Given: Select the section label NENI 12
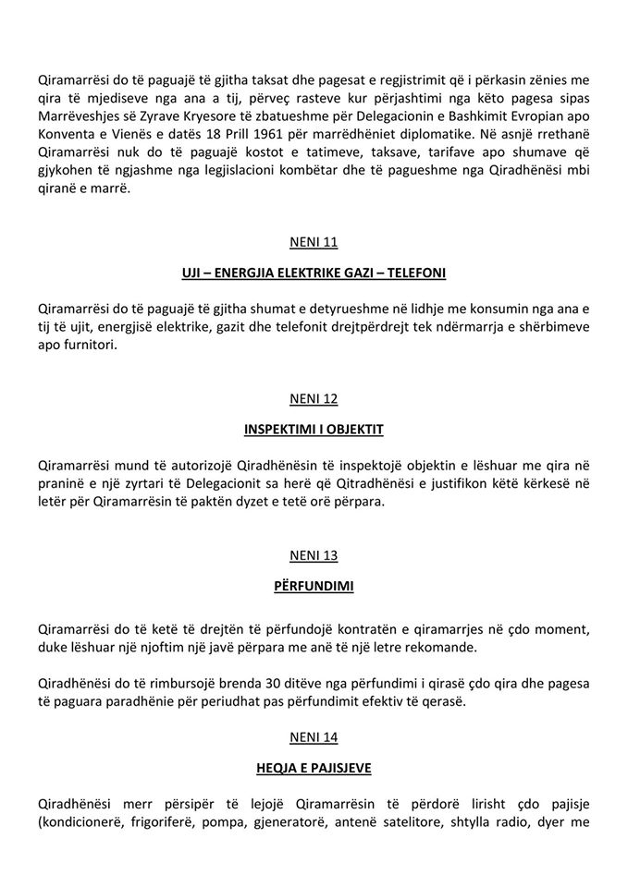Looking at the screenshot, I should tap(314, 399).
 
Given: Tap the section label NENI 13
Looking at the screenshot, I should tap(314, 555).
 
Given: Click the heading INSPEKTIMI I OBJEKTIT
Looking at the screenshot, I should tap(314, 430).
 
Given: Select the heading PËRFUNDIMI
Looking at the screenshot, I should tap(314, 586).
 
